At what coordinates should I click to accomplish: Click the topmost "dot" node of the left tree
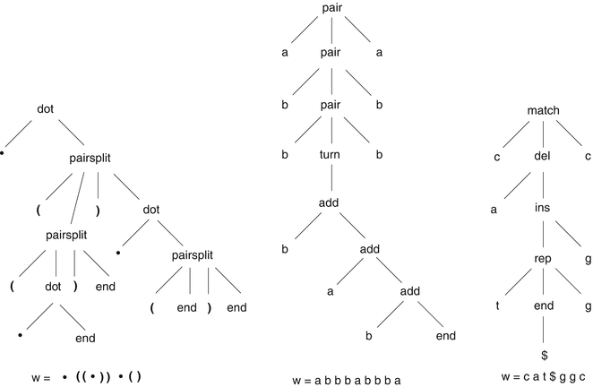(x=46, y=109)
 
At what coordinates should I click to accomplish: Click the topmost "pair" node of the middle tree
(x=331, y=8)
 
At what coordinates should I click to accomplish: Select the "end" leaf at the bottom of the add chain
(x=445, y=336)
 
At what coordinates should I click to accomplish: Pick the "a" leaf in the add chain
(x=331, y=291)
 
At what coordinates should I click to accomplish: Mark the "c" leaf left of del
(x=497, y=159)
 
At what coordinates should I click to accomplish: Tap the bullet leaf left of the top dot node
(x=3, y=153)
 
